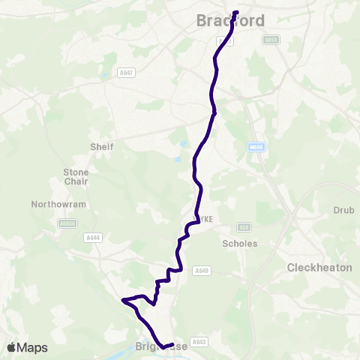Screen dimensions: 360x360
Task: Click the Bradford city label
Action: pos(230,21)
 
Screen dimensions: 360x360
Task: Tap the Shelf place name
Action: pos(101,147)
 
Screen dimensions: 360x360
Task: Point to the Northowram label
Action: pos(59,204)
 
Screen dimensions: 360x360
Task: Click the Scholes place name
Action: pos(240,244)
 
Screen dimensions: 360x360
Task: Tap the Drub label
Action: pos(343,211)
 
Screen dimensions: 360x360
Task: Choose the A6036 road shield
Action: pos(66,223)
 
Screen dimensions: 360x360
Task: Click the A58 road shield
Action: pos(242,226)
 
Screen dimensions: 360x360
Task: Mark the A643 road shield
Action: pos(199,342)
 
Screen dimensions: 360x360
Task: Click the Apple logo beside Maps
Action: pos(11,347)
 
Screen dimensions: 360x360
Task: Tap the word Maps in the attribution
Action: pos(32,347)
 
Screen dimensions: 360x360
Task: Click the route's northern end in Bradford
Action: pos(235,13)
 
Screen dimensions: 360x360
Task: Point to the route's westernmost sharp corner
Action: pos(122,301)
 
